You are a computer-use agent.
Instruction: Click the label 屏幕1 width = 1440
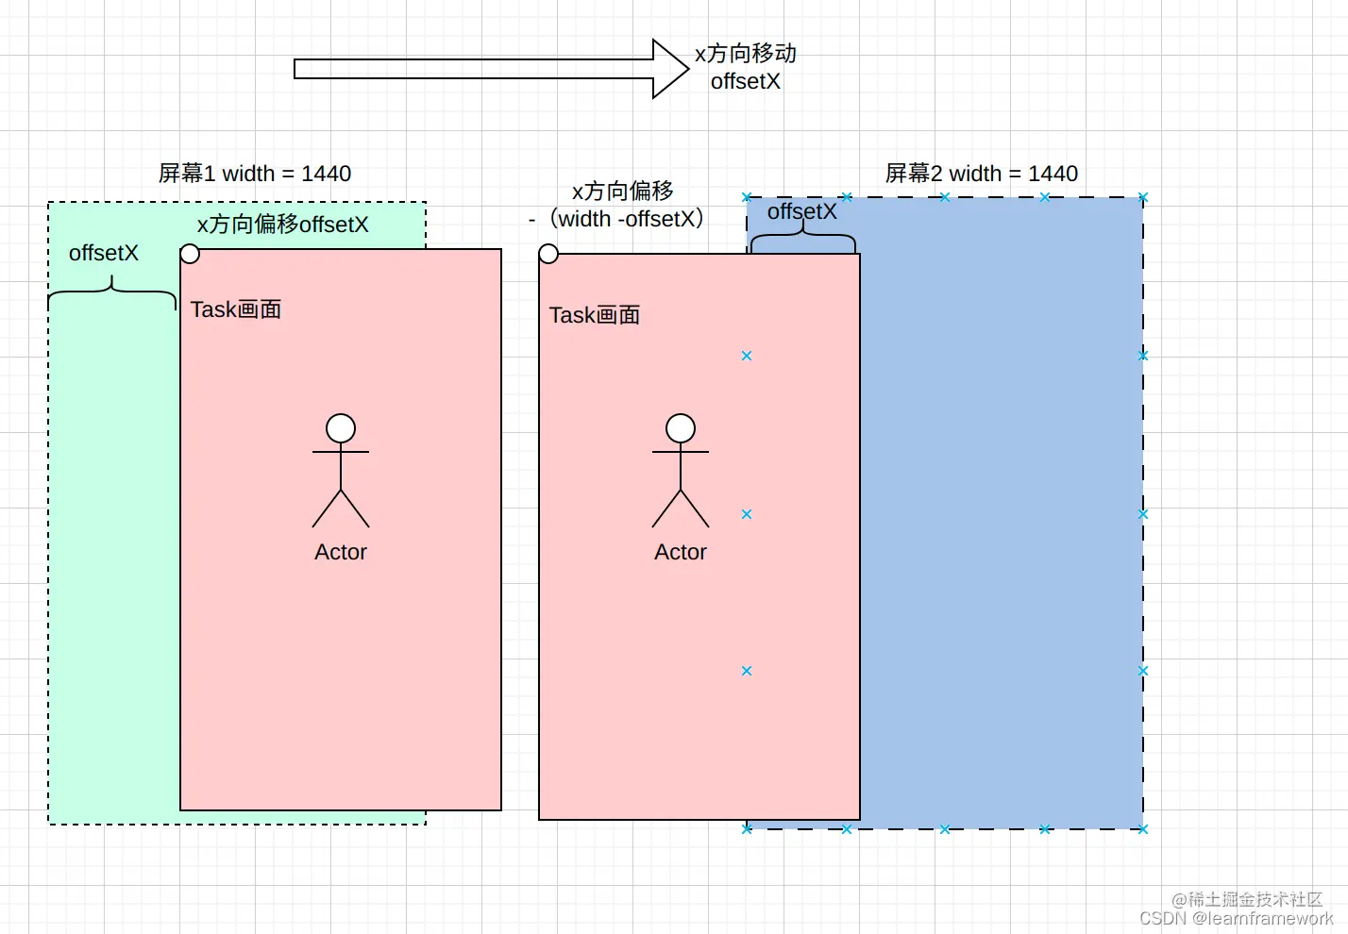pos(255,174)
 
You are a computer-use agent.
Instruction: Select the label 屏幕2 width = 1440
pos(981,174)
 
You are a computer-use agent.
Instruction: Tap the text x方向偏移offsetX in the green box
pos(282,225)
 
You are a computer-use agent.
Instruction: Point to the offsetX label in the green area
pos(104,253)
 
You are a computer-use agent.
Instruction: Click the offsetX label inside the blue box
pos(801,211)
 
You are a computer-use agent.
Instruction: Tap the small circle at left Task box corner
pos(190,254)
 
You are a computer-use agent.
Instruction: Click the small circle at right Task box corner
pos(548,254)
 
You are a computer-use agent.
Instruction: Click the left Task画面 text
pos(236,309)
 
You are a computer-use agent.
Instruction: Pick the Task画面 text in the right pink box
pos(595,315)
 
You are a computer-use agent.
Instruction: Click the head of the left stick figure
pos(341,428)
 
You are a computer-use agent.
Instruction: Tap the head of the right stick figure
pos(681,428)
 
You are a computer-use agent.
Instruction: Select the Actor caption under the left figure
pos(341,552)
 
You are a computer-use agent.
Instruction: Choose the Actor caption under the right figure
pos(681,552)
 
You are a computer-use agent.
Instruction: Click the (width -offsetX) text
pos(627,219)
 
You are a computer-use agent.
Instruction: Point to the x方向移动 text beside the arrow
pos(746,54)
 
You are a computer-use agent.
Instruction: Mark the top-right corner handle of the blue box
pos(1143,198)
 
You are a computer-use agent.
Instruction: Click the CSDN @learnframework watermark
pos(1236,918)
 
